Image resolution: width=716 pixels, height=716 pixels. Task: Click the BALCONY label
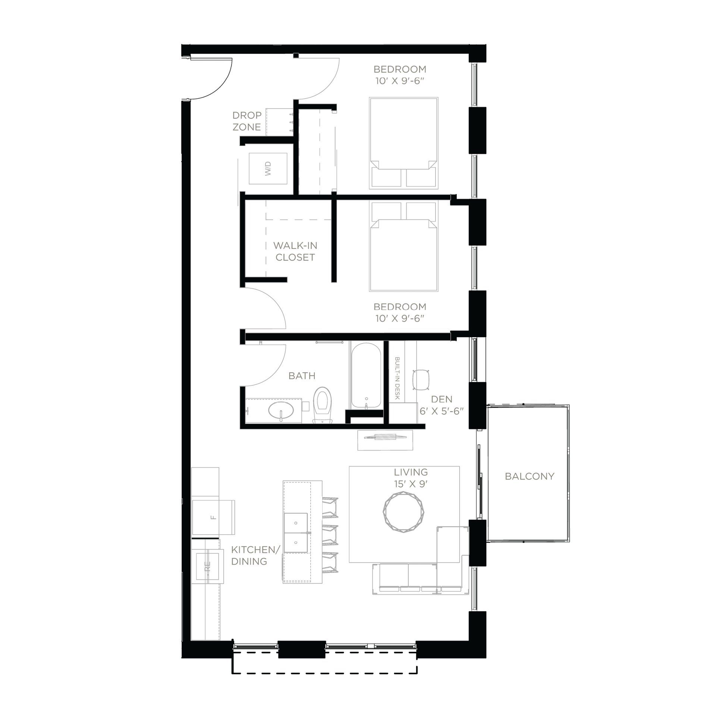(529, 476)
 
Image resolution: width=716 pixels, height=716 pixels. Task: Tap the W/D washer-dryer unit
(268, 169)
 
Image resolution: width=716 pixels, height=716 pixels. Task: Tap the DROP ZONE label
(246, 121)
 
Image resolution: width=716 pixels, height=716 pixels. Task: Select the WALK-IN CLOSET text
(295, 251)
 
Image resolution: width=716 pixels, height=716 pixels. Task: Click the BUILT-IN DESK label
(397, 379)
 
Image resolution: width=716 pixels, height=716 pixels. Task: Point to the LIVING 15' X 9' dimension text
(411, 478)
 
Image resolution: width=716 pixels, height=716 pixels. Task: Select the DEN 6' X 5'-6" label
(442, 405)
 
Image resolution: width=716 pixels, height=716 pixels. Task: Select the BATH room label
(302, 376)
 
